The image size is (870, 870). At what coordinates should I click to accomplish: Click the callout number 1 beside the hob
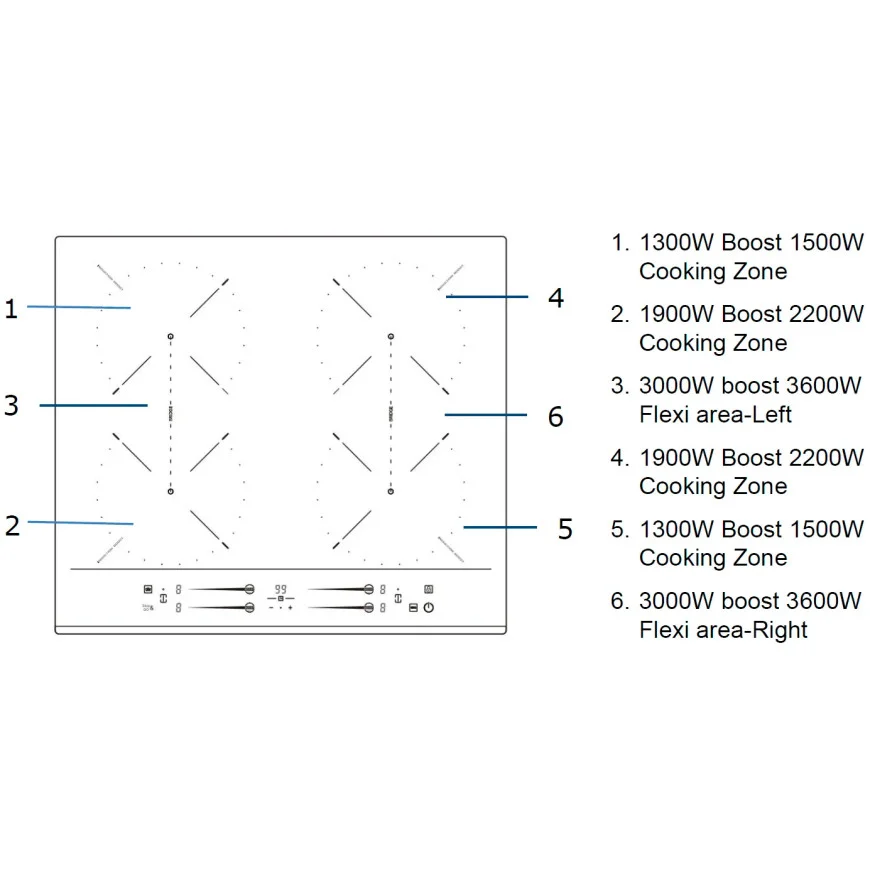tap(11, 308)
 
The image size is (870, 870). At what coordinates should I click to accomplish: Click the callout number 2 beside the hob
tap(12, 525)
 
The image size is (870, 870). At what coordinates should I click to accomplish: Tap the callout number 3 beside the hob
tap(11, 405)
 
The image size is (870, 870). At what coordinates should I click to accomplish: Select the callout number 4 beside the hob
tap(556, 298)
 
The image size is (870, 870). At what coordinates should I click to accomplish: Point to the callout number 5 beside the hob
tap(565, 529)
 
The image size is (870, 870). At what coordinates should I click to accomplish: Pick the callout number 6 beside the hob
tap(556, 416)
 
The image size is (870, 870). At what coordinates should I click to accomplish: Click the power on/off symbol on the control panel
tap(429, 607)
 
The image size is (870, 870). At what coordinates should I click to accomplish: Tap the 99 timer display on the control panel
tap(281, 589)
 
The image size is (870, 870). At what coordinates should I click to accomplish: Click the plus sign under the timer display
tap(290, 607)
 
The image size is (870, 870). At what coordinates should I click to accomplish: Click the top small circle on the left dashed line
tap(171, 337)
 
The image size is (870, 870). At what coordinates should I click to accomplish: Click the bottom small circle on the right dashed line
tap(391, 491)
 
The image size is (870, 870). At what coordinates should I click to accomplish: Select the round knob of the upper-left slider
tap(249, 589)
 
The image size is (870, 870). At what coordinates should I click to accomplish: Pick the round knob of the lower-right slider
tap(369, 607)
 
